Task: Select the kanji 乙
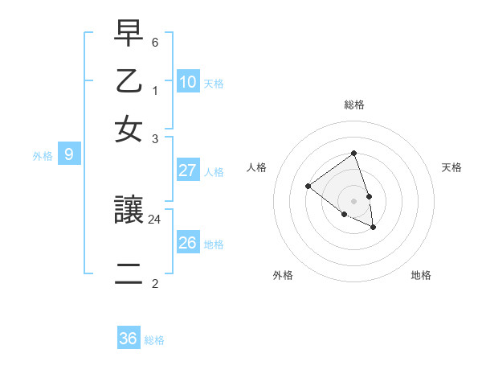pos(129,83)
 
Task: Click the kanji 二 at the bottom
pos(129,275)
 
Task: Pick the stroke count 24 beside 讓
pos(155,219)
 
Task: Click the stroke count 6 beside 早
pos(155,41)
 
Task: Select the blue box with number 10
pos(188,82)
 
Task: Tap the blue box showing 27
pos(188,171)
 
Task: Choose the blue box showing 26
pos(188,243)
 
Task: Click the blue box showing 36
pos(129,339)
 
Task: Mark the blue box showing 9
pos(68,154)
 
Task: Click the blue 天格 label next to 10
pos(214,84)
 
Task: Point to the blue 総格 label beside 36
pos(154,340)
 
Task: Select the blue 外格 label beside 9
pos(43,156)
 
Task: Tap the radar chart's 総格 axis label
pos(353,105)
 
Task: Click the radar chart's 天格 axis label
pos(451,167)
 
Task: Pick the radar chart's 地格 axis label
pos(421,275)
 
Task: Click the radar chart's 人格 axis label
pos(256,167)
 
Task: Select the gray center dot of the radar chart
pos(353,200)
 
